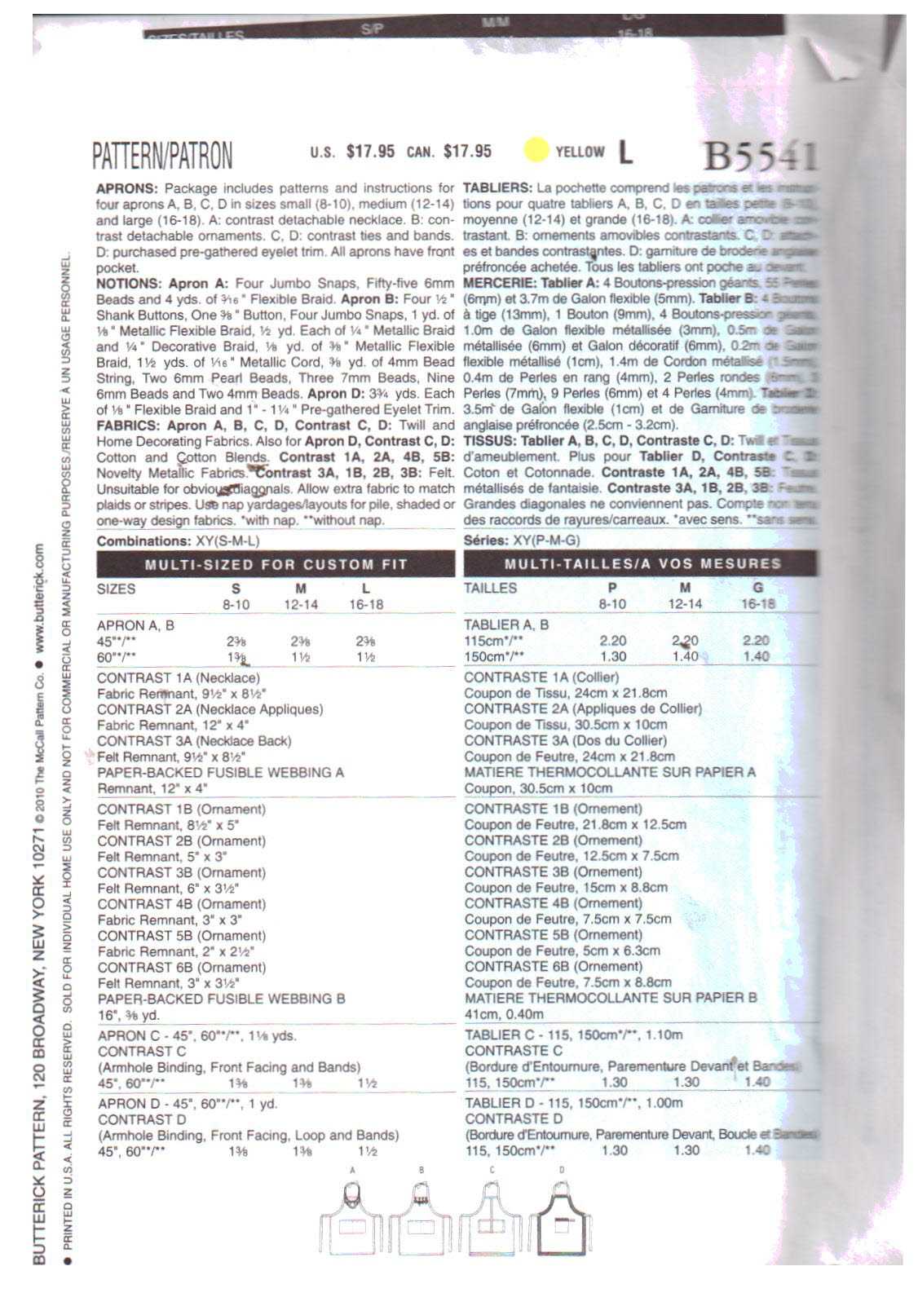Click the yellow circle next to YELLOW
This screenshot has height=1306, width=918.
point(536,150)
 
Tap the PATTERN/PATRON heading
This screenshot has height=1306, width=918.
point(162,154)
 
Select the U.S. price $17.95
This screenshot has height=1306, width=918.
point(370,151)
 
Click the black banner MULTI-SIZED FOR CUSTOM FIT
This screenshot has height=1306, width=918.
point(276,564)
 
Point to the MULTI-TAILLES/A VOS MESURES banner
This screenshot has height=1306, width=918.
point(641,563)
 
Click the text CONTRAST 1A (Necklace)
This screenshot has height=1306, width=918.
point(179,677)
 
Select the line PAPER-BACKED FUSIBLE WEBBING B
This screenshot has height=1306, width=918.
point(221,999)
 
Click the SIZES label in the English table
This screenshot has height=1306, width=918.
point(116,589)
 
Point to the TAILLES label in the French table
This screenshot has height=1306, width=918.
point(490,588)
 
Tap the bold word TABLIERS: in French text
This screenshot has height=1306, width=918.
point(497,188)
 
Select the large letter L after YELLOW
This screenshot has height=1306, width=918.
point(625,151)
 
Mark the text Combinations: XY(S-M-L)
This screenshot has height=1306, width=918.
point(179,541)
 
